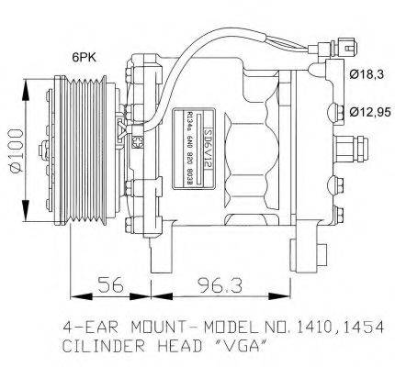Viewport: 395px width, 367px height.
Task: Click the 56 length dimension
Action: point(108,288)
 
